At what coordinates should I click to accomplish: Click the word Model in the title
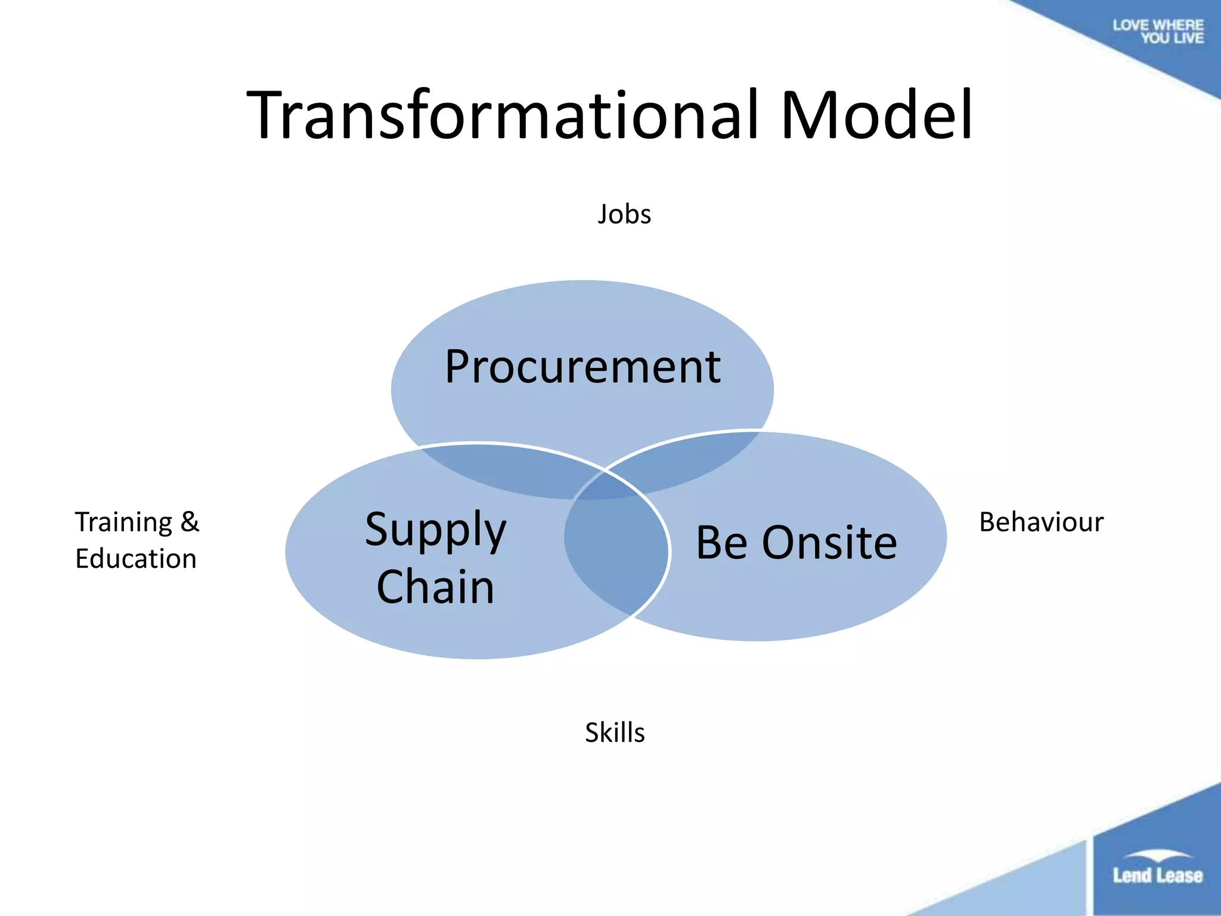[x=876, y=114]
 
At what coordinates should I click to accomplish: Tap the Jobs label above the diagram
[x=624, y=214]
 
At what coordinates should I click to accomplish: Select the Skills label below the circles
[x=615, y=732]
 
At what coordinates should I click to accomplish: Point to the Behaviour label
[x=1041, y=522]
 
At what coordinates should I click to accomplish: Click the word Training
[x=123, y=523]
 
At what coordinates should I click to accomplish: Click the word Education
[x=136, y=559]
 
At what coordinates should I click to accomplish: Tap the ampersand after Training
[x=190, y=522]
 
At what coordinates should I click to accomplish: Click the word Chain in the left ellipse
[x=435, y=587]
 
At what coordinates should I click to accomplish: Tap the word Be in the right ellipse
[x=721, y=543]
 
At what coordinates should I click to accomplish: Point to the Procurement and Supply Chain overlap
[x=507, y=471]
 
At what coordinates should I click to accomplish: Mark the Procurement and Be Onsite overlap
[x=686, y=462]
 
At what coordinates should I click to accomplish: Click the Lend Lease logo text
[x=1157, y=875]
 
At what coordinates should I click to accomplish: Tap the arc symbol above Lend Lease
[x=1157, y=855]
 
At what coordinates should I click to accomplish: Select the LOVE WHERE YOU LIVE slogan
[x=1158, y=32]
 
